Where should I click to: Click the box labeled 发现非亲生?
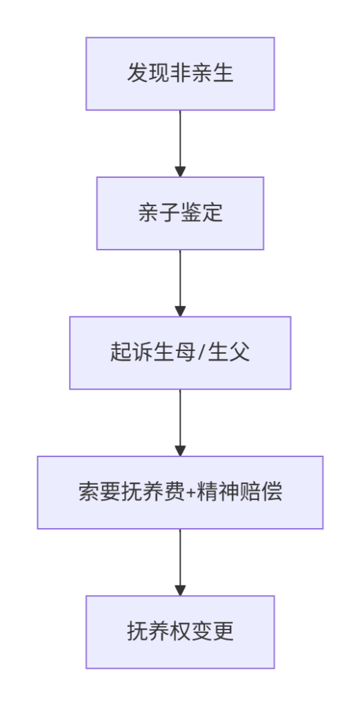180,73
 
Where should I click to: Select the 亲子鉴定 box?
180,213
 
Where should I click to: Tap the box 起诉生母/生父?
180,352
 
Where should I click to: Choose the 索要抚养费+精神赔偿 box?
180,492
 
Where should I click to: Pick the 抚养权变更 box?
180,632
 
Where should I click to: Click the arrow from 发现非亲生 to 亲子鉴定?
180,143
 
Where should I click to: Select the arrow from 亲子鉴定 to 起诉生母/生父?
180,283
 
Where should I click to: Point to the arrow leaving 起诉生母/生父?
180,423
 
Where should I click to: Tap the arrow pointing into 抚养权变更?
180,563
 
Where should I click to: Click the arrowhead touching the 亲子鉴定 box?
180,172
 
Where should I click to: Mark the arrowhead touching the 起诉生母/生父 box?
180,312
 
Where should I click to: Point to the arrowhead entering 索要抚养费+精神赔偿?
180,451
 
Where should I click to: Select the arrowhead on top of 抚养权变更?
180,591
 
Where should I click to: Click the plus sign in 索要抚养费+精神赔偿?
190,493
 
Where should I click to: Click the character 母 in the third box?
186,352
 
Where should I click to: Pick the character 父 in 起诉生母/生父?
240,352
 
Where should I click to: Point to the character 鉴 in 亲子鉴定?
191,213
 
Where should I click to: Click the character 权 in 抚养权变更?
180,632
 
